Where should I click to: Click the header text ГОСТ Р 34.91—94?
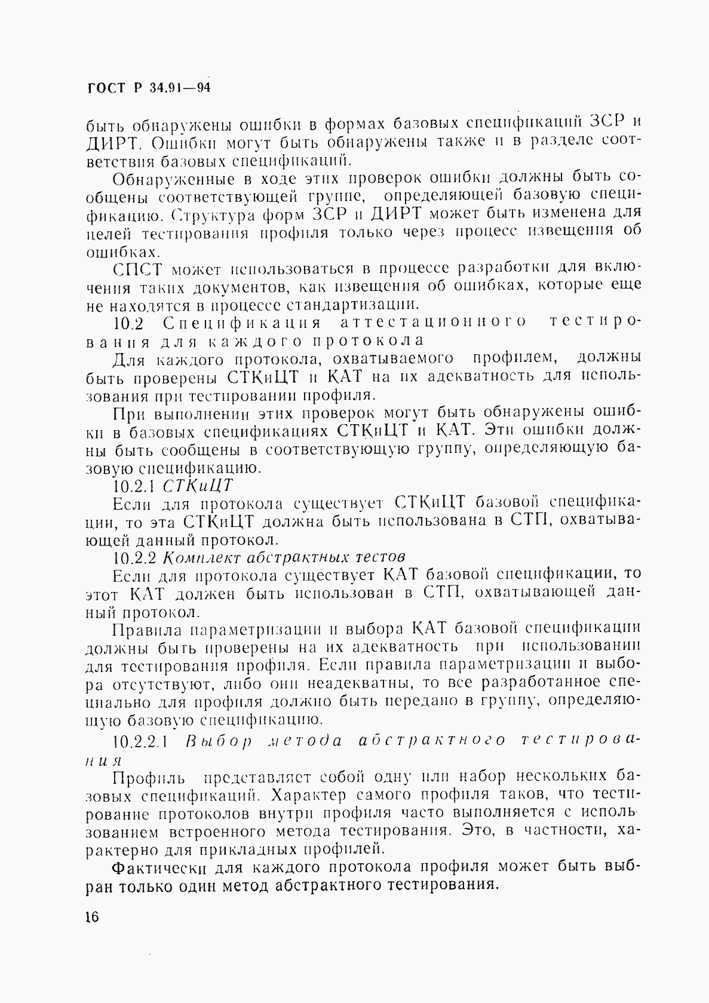[149, 88]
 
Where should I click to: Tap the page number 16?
[93, 916]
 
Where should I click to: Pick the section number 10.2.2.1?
[142, 741]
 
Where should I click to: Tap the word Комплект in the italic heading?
[203, 557]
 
